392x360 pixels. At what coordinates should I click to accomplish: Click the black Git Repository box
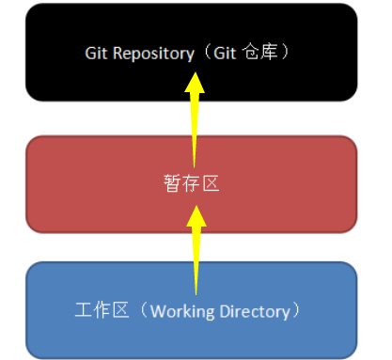[94, 75]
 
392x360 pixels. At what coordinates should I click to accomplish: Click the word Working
[178, 309]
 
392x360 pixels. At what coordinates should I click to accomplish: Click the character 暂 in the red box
[169, 183]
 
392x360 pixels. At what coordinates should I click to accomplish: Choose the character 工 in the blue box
[82, 309]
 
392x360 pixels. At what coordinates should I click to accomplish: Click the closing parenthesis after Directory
[297, 309]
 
